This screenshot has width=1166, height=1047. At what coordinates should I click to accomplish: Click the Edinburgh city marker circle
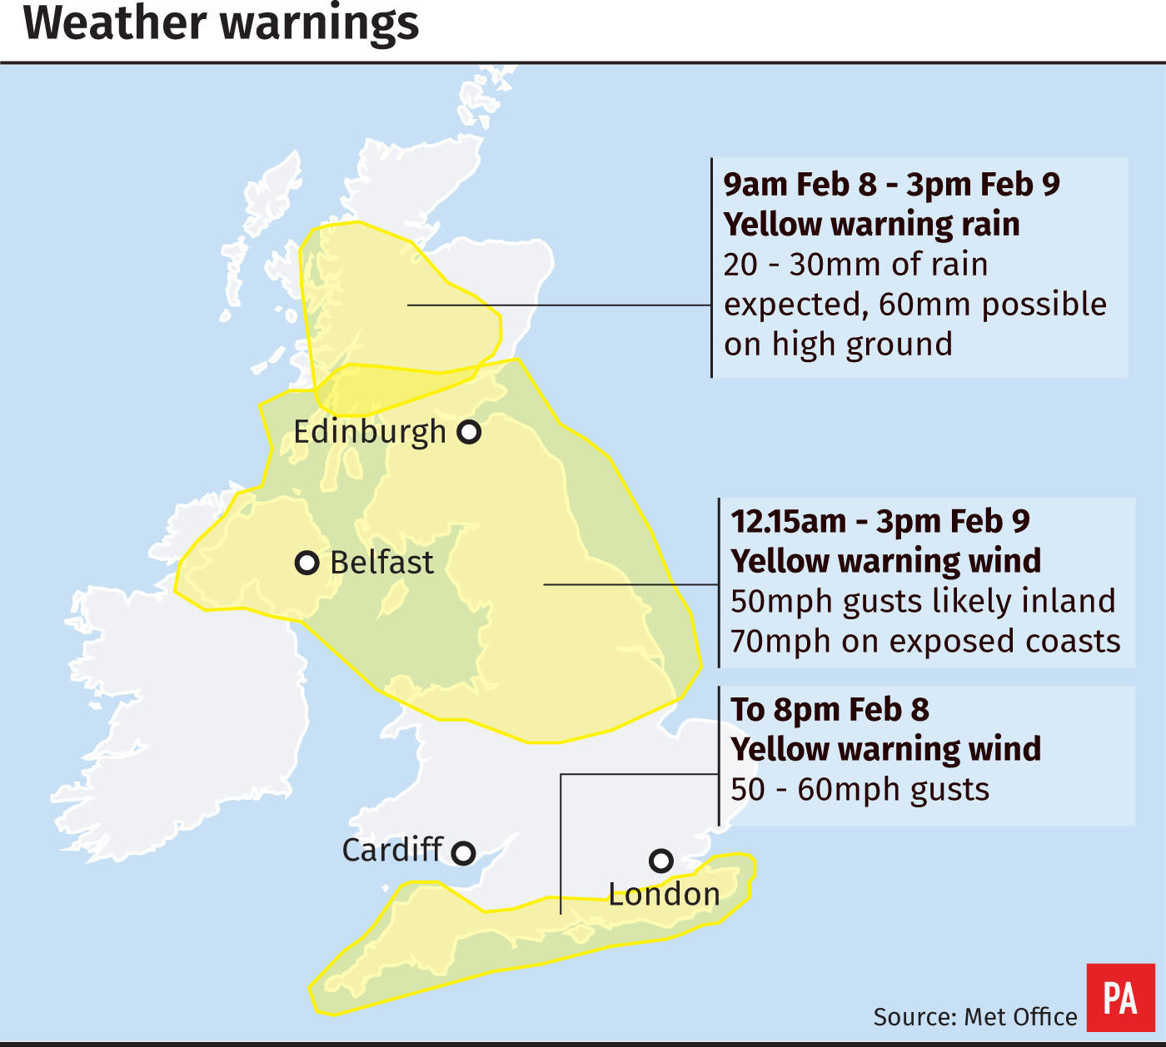click(x=470, y=432)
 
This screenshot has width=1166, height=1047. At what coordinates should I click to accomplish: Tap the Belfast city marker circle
click(x=307, y=563)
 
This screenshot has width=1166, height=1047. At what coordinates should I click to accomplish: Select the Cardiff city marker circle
click(x=463, y=853)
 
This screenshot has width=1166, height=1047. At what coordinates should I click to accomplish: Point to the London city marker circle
click(x=661, y=861)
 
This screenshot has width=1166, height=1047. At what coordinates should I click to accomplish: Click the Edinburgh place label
click(x=370, y=433)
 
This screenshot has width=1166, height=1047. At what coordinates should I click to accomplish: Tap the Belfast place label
click(x=381, y=563)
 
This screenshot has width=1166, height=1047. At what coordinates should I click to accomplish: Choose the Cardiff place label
click(x=391, y=851)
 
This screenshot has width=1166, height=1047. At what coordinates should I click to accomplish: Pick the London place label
click(x=664, y=895)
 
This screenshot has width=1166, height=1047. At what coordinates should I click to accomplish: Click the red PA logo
click(x=1120, y=997)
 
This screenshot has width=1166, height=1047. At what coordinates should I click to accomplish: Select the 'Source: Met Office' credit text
click(x=974, y=1017)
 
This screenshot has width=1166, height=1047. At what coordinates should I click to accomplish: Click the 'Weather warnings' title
click(x=222, y=23)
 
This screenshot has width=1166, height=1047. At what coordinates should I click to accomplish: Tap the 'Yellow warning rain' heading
click(x=871, y=225)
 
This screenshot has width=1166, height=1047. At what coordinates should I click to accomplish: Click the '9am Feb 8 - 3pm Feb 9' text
click(x=891, y=185)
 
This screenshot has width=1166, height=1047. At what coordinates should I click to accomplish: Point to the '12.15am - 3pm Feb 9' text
click(x=879, y=522)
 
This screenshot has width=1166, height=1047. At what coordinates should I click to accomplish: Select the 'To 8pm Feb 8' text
click(x=830, y=710)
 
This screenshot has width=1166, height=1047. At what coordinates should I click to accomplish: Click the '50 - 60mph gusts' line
click(x=860, y=790)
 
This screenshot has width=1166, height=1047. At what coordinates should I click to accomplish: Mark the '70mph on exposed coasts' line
click(x=925, y=642)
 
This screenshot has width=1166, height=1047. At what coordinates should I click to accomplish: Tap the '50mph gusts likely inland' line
click(x=923, y=602)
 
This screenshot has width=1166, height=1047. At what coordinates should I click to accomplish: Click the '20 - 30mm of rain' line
click(x=855, y=265)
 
